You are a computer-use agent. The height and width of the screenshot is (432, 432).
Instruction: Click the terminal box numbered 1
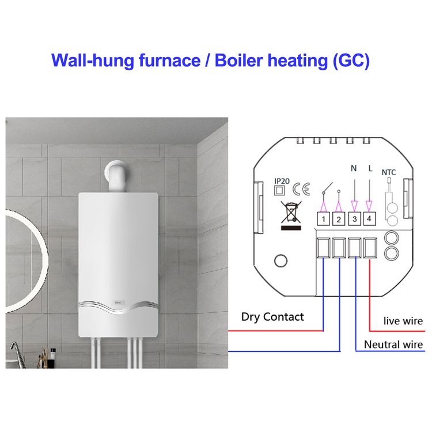pyautogui.click(x=324, y=219)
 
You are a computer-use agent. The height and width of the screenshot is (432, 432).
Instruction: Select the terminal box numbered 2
pyautogui.click(x=339, y=219)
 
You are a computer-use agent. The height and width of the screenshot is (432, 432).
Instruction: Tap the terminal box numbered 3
pyautogui.click(x=355, y=219)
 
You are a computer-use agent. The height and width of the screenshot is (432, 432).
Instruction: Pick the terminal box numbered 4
pyautogui.click(x=369, y=219)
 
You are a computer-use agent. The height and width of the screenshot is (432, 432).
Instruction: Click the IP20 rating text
pyautogui.click(x=282, y=181)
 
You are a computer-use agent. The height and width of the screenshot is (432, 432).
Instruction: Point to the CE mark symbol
pyautogui.click(x=301, y=189)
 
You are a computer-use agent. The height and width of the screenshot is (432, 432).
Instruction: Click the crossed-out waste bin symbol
pyautogui.click(x=291, y=211)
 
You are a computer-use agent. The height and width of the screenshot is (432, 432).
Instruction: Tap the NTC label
pyautogui.click(x=388, y=172)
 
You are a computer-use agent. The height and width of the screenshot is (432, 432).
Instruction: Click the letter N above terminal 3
pyautogui.click(x=354, y=168)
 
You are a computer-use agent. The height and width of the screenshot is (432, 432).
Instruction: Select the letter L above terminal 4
pyautogui.click(x=370, y=168)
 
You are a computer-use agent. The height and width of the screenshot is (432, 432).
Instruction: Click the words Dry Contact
pyautogui.click(x=272, y=317)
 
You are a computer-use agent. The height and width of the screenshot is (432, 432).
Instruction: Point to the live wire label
pyautogui.click(x=403, y=321)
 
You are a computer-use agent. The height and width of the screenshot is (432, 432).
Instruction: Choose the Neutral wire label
pyautogui.click(x=393, y=344)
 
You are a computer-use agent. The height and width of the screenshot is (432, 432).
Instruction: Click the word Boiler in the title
pyautogui.click(x=238, y=60)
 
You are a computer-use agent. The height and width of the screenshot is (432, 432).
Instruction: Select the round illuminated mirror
pyautogui.click(x=46, y=261)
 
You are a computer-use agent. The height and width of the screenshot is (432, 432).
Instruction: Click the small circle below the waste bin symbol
pyautogui.click(x=281, y=260)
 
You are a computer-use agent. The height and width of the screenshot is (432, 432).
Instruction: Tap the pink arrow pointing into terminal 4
pyautogui.click(x=369, y=206)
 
